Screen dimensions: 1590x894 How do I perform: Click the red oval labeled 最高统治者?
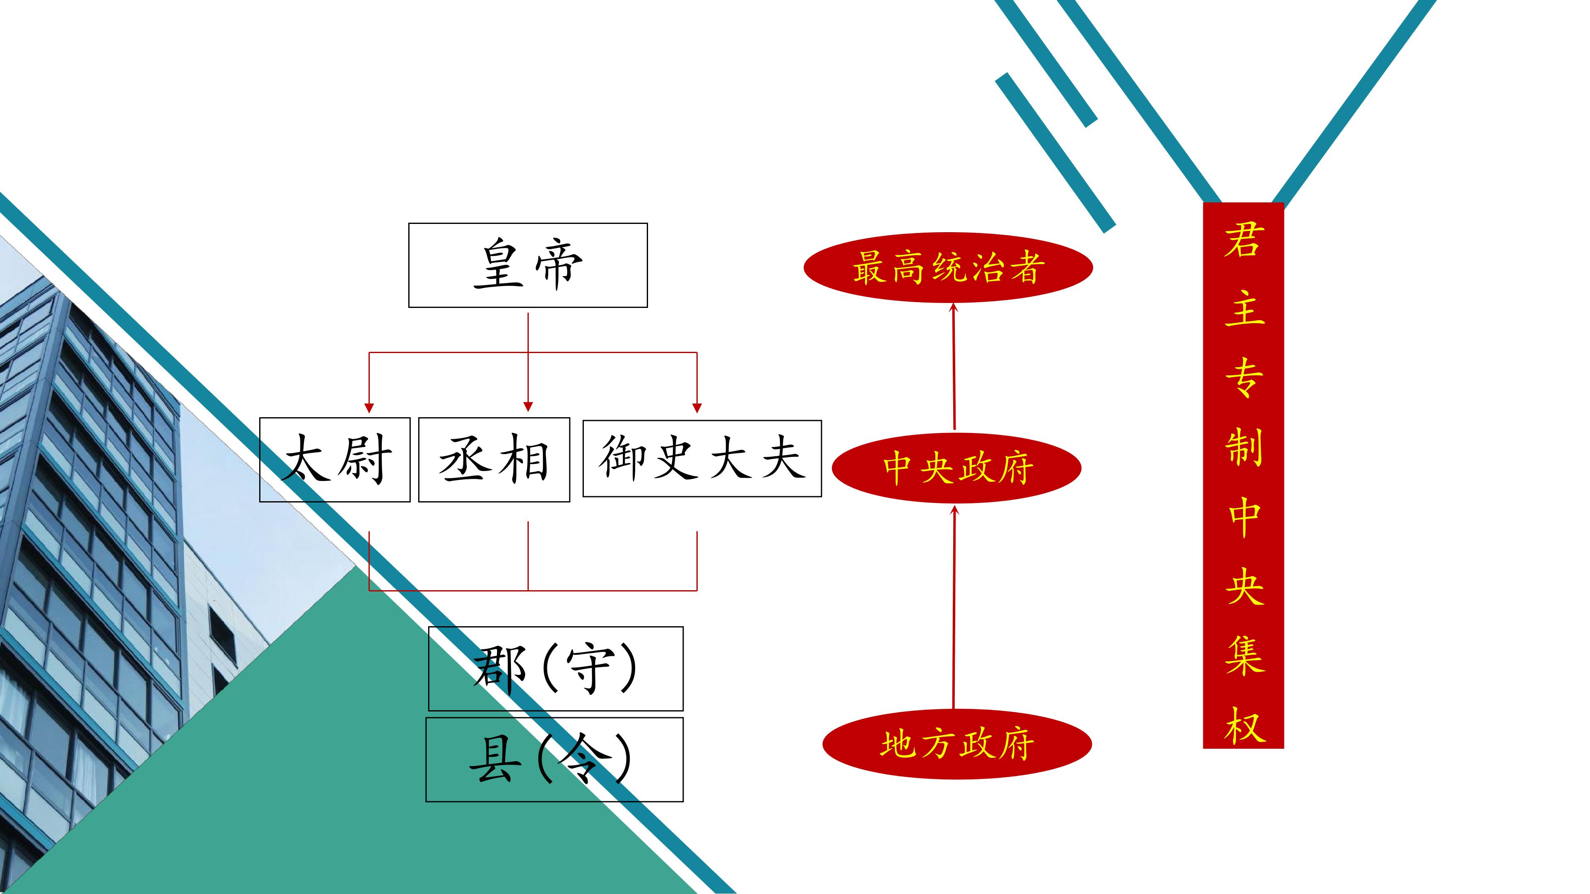(x=948, y=267)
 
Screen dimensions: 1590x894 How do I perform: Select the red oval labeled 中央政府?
(x=957, y=468)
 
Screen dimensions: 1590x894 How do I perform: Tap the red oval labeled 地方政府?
(x=957, y=744)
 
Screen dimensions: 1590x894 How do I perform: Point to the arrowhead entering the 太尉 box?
(x=369, y=408)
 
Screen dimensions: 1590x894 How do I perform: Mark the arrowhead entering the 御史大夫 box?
(x=697, y=408)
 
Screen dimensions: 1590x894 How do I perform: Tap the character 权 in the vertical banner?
(x=1244, y=725)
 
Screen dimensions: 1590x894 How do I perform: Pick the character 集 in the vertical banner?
(x=1244, y=655)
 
